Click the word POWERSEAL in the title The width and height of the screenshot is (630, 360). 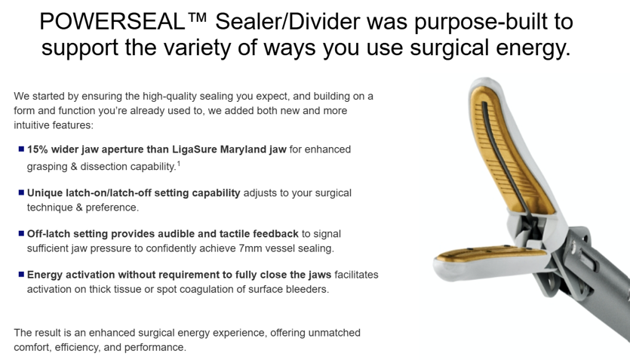click(x=112, y=21)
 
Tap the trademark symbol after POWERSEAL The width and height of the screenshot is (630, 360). click(x=196, y=17)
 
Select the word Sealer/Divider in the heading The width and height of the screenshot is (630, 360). click(x=287, y=21)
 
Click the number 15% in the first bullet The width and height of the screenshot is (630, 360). click(x=38, y=149)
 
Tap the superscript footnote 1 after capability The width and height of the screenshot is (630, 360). click(x=178, y=163)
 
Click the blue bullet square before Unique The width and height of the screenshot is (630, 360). click(x=21, y=192)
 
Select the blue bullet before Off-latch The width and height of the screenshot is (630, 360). click(x=21, y=233)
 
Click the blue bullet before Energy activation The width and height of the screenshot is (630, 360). click(x=21, y=275)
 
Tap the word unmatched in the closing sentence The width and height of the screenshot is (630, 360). click(x=334, y=333)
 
